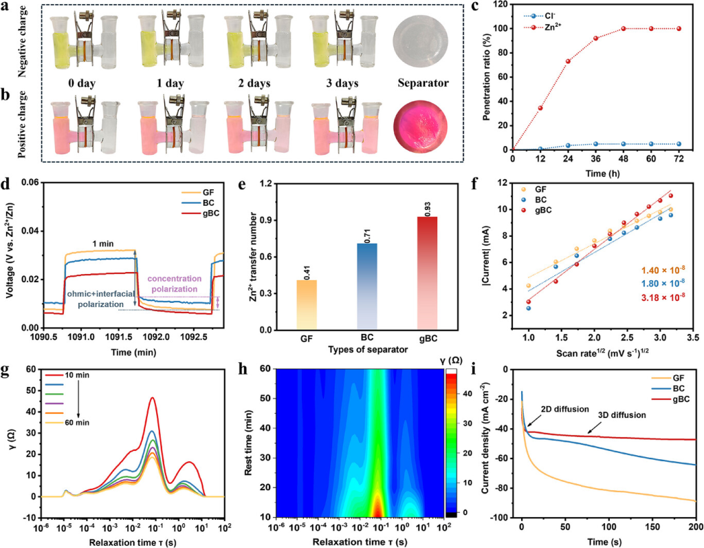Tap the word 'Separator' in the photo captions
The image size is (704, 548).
(423, 84)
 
